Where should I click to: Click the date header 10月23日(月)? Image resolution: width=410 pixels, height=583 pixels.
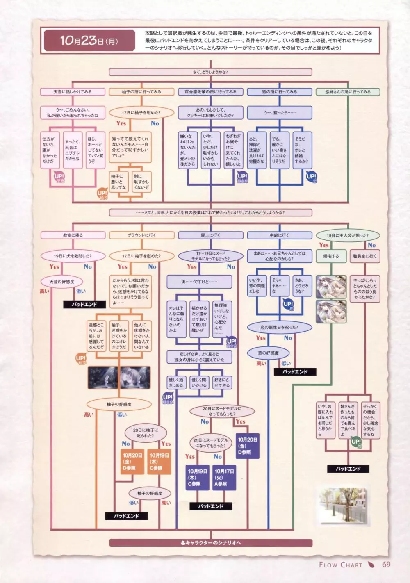click(88, 40)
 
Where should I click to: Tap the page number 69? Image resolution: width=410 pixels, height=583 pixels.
click(386, 564)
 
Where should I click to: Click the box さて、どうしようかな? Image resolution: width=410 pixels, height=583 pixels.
click(210, 72)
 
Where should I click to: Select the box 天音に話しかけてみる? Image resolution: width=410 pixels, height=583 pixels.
click(73, 92)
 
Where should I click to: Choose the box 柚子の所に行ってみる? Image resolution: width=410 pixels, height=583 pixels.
click(141, 92)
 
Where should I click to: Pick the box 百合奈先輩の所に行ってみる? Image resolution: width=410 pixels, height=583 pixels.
click(210, 92)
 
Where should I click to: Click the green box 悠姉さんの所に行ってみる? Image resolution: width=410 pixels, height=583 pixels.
click(348, 92)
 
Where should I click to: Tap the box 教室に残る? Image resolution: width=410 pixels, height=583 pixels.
click(73, 235)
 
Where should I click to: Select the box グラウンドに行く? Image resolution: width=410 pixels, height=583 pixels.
click(141, 235)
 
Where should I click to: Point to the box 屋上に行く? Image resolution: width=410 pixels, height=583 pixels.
click(210, 235)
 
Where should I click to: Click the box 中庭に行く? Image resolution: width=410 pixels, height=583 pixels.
click(279, 235)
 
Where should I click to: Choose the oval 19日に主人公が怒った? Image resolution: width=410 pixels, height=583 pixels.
click(348, 235)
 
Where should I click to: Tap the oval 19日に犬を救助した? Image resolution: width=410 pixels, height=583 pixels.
click(73, 256)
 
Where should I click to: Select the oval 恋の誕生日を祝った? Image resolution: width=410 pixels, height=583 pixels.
click(279, 327)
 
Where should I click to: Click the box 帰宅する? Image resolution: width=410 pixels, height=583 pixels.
click(330, 256)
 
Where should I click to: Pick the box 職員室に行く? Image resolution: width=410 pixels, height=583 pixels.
click(364, 256)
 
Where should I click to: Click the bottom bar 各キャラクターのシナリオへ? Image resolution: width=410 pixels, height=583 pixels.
click(210, 543)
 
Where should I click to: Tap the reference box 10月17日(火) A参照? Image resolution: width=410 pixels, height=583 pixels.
click(224, 478)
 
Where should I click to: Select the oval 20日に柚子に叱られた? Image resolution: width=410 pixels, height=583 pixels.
click(145, 433)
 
